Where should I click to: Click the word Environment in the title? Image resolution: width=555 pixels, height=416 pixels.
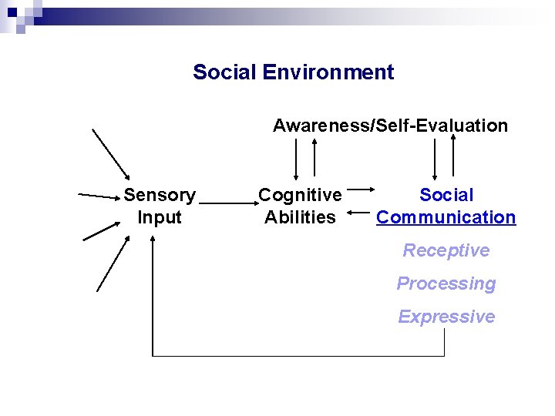pyautogui.click(x=328, y=72)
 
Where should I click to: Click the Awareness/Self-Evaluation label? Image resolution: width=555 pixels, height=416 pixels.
pyautogui.click(x=390, y=126)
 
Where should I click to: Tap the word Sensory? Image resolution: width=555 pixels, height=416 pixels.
pyautogui.click(x=160, y=195)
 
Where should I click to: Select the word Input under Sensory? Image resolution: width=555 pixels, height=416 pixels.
pyautogui.click(x=160, y=217)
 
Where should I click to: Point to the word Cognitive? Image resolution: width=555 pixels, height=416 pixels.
pyautogui.click(x=300, y=195)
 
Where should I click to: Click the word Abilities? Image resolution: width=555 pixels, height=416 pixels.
pyautogui.click(x=300, y=217)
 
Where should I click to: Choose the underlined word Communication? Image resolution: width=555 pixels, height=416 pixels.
pyautogui.click(x=446, y=217)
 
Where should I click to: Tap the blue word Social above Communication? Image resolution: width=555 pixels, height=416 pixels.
pyautogui.click(x=446, y=195)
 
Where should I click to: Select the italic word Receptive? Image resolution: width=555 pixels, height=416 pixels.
pyautogui.click(x=446, y=250)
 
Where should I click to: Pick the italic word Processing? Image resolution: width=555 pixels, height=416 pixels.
pyautogui.click(x=446, y=283)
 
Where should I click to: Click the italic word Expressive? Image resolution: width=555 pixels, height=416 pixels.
pyautogui.click(x=446, y=317)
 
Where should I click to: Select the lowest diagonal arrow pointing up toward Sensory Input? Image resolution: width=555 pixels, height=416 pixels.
pyautogui.click(x=112, y=265)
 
